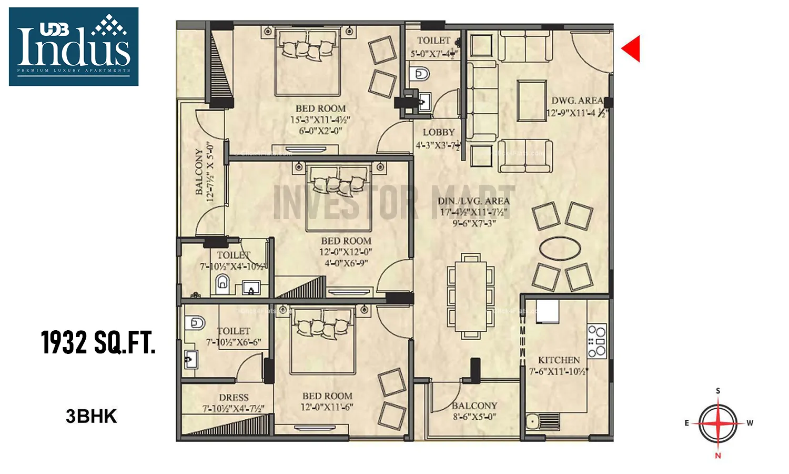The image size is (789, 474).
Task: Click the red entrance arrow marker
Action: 632,48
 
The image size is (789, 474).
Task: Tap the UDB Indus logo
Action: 74,46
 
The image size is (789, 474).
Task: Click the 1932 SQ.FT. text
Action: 98,342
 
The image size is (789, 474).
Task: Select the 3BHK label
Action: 91,417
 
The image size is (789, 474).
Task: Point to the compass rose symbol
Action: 718,423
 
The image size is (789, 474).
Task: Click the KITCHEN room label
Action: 559,360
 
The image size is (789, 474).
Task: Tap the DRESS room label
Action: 234,398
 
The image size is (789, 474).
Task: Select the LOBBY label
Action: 438,133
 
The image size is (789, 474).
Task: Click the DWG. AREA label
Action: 577,101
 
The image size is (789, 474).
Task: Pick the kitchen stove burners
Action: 597,341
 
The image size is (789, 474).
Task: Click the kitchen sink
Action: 533,421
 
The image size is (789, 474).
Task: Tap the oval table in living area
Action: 561,248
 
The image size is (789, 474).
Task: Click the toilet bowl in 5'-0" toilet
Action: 421,74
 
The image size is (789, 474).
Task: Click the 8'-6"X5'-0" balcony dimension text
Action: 474,417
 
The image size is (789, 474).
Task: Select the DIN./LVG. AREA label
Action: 473,201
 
